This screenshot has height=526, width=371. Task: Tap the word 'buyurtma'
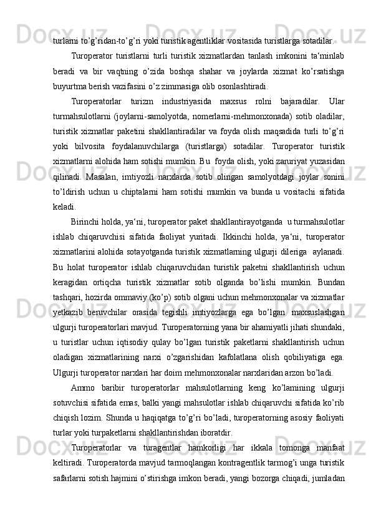72,87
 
